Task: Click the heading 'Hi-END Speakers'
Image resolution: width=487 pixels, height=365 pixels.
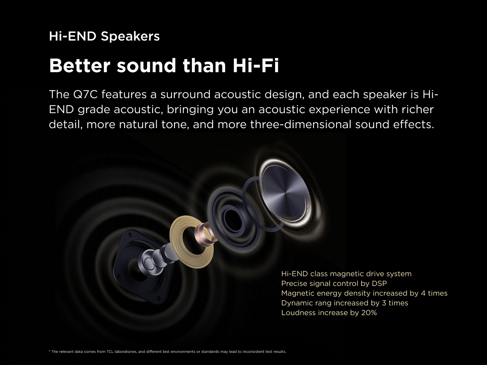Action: click(x=104, y=36)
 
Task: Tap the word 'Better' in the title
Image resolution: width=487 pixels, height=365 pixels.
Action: click(x=80, y=65)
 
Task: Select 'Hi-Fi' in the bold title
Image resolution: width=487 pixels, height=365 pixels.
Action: click(x=256, y=65)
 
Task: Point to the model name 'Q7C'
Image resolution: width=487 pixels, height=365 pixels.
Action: click(x=85, y=94)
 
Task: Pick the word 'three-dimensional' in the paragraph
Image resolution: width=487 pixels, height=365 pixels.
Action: click(x=301, y=125)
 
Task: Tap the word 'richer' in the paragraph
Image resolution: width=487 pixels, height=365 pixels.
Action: click(x=418, y=109)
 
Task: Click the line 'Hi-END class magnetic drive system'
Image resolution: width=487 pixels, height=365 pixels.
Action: click(x=346, y=274)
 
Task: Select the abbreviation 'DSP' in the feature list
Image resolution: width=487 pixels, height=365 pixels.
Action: click(x=379, y=283)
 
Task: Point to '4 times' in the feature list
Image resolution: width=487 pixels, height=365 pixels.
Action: click(x=434, y=293)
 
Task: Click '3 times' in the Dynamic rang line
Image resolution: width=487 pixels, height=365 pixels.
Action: click(x=395, y=303)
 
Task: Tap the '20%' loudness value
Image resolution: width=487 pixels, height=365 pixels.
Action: click(x=369, y=313)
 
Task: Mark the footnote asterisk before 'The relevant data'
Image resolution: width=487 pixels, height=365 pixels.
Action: click(x=50, y=351)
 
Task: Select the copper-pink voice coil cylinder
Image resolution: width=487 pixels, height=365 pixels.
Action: click(x=206, y=234)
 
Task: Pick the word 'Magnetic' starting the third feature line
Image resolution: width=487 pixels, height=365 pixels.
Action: click(x=298, y=293)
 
